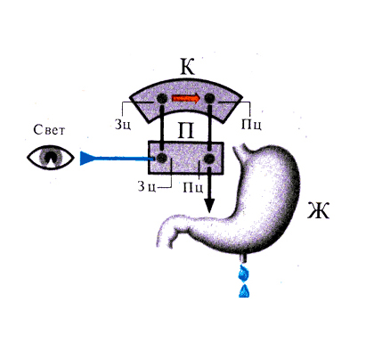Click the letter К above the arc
point(188,67)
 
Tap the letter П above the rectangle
point(186,130)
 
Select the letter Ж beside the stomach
point(318,210)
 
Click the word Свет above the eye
point(49,129)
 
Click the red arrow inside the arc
point(186,98)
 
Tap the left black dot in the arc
point(162,98)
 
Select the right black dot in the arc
point(209,98)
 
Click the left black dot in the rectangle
point(161,158)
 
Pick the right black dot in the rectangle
point(209,159)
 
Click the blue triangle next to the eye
point(87,158)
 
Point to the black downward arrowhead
point(209,205)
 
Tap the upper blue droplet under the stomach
point(243,274)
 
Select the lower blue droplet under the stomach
point(244,291)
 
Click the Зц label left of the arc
point(123,125)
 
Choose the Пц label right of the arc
point(251,125)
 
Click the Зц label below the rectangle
point(147,186)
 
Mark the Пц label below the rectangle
point(193,187)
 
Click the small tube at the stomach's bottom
point(244,258)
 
